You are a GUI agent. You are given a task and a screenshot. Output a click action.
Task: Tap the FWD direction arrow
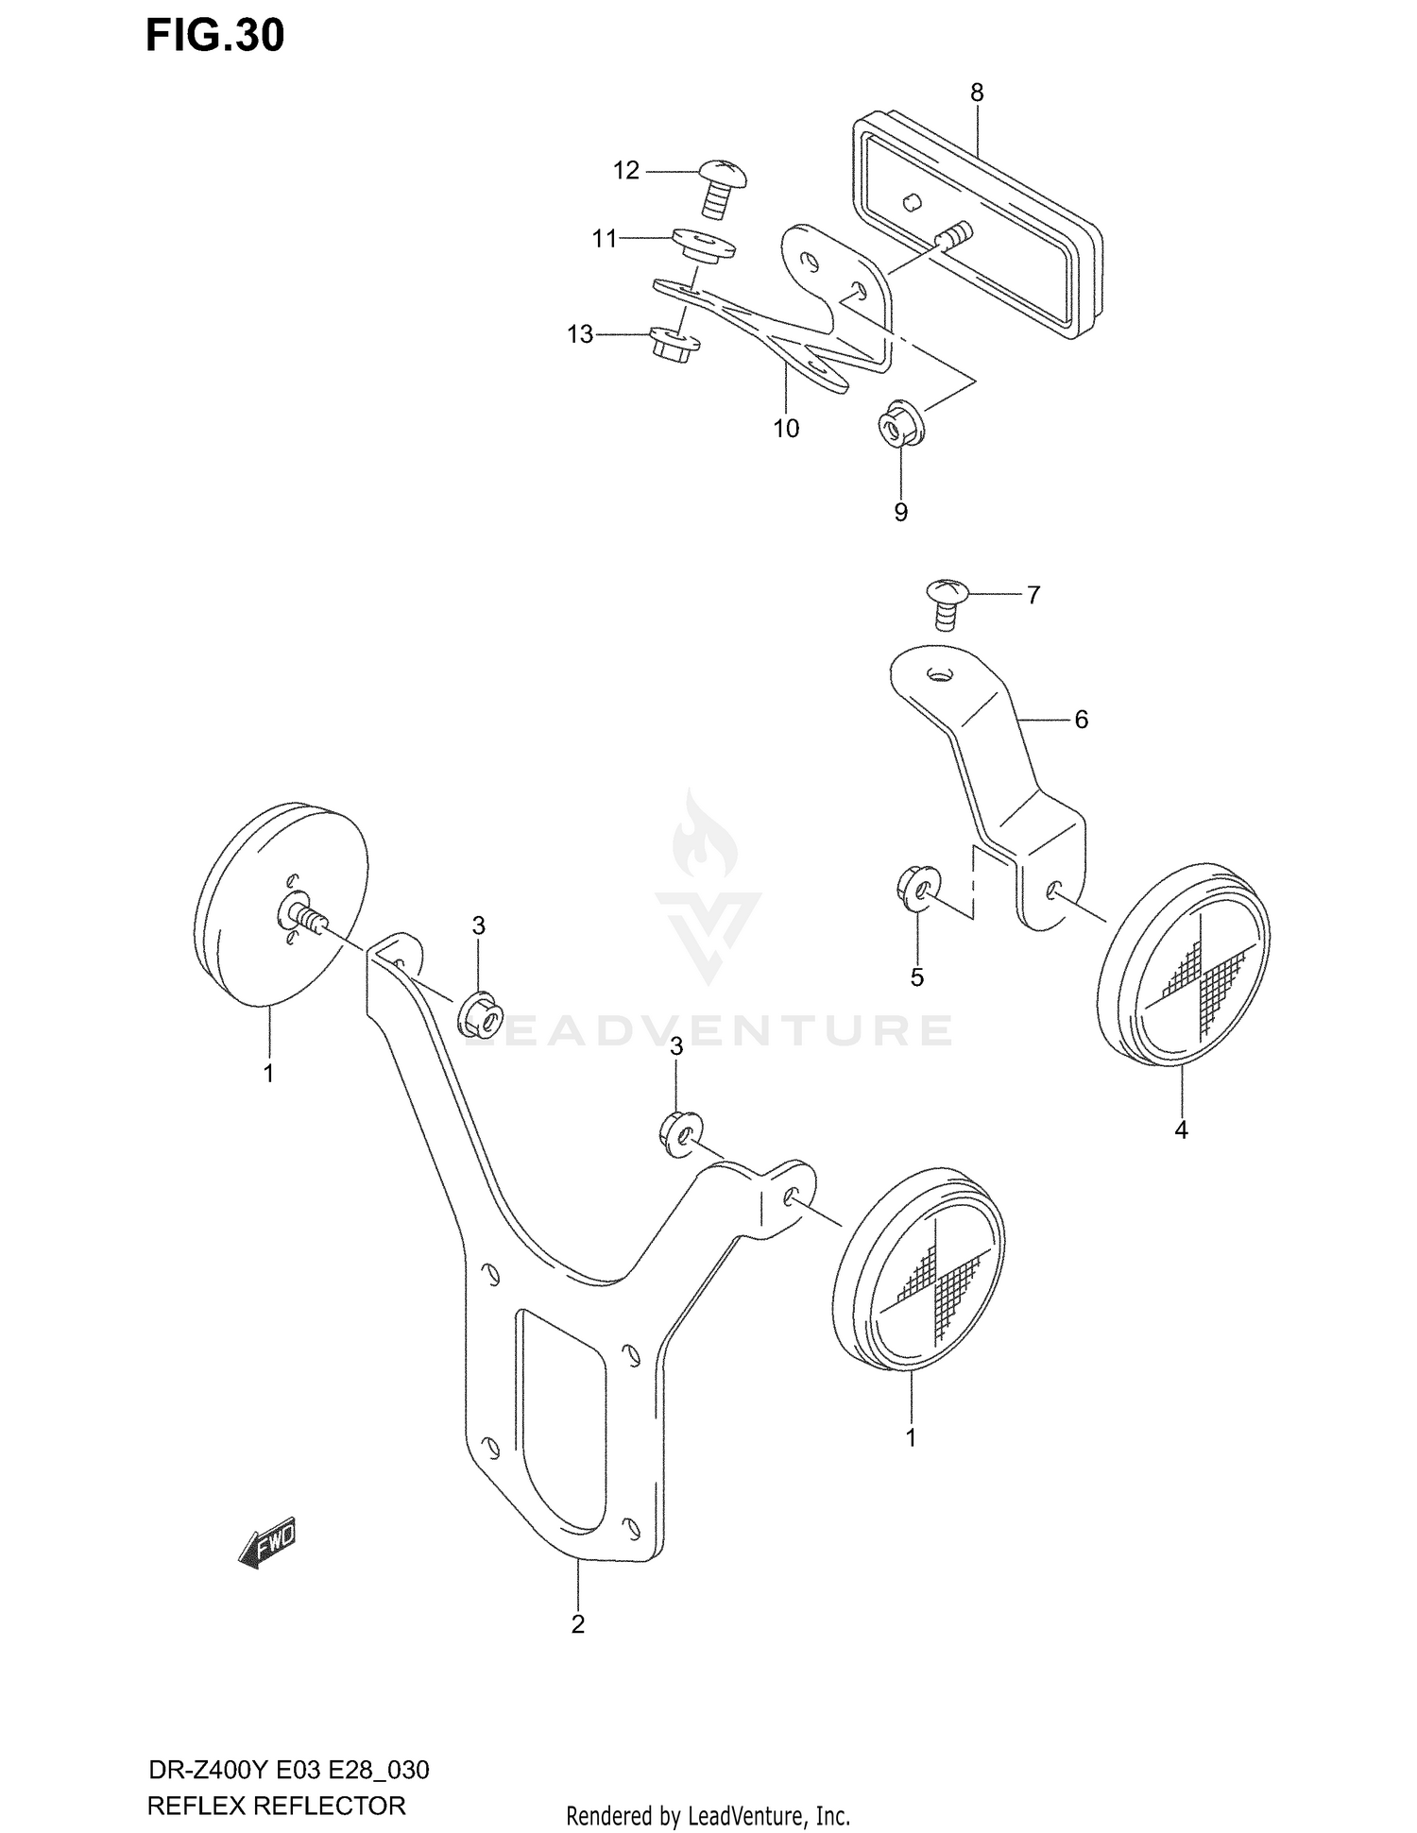[x=267, y=1544]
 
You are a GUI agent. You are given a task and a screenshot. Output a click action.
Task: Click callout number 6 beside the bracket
[x=1082, y=720]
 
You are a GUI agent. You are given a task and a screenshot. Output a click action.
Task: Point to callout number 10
[x=786, y=429]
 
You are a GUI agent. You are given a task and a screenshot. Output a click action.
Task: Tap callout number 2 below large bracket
[x=578, y=1624]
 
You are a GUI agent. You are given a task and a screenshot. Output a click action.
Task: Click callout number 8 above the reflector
[x=977, y=93]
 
